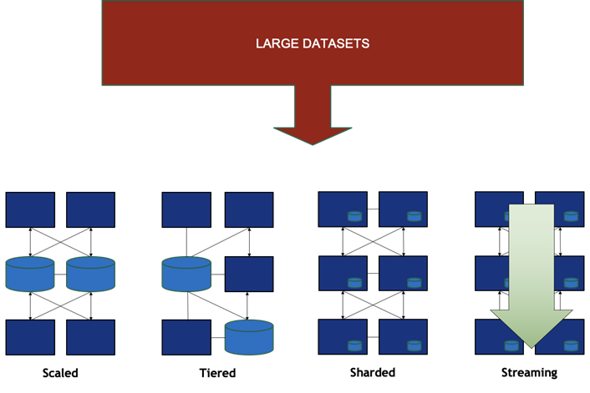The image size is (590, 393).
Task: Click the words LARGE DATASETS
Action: [313, 43]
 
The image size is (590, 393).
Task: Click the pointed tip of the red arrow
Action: [313, 142]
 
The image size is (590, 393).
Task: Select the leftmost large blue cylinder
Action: [29, 274]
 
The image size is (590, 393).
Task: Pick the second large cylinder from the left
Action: [90, 274]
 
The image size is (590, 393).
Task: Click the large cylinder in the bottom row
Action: [249, 337]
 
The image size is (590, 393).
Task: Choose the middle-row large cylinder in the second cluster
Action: [186, 274]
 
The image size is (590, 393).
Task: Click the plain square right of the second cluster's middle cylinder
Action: [249, 274]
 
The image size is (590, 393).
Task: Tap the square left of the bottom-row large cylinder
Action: [186, 337]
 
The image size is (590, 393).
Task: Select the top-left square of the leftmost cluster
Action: [30, 209]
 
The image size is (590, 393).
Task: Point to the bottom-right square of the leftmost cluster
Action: [90, 337]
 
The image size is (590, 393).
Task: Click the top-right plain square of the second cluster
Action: [249, 209]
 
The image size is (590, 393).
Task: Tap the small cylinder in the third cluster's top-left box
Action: [354, 217]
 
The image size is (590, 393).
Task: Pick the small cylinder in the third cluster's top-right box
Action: [415, 217]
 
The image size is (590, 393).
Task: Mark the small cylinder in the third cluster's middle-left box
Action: [354, 283]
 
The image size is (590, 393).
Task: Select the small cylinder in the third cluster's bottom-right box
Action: [415, 345]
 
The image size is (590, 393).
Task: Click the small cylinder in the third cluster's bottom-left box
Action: [354, 345]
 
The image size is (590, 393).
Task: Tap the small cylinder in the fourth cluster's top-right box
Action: [571, 217]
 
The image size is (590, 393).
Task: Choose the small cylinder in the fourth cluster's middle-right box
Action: [571, 283]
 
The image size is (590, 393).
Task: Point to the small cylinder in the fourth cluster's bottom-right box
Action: [571, 345]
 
